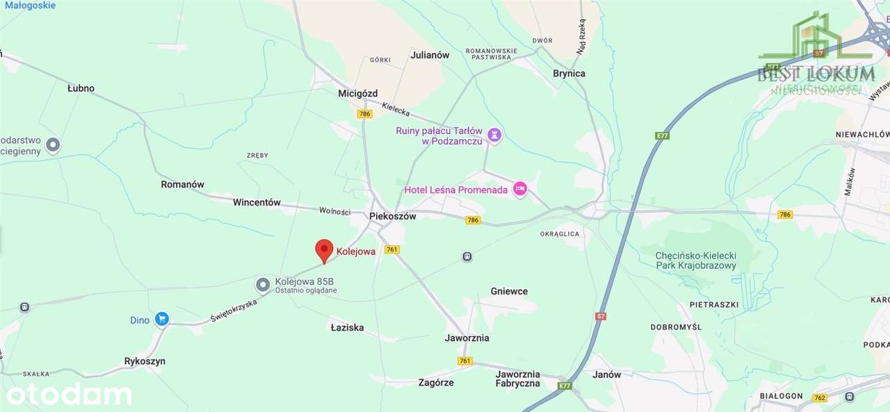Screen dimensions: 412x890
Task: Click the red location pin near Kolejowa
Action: [324, 249]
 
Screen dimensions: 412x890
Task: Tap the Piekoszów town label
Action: [392, 216]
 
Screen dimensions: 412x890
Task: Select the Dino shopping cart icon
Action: [162, 319]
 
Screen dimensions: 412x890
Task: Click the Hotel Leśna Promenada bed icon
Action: [520, 188]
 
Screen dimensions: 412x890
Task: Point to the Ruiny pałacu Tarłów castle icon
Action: [494, 134]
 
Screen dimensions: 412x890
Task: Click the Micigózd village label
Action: [357, 93]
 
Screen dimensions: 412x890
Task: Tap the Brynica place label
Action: [569, 74]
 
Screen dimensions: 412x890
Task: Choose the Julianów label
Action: [430, 55]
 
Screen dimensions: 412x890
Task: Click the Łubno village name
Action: [81, 88]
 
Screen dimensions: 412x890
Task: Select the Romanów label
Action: [182, 184]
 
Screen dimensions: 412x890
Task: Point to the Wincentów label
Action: [257, 203]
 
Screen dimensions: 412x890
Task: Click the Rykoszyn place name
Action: [145, 361]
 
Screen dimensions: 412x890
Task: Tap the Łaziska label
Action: [347, 327]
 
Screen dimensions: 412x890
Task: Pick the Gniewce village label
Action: [509, 291]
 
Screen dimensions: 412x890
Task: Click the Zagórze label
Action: [436, 382]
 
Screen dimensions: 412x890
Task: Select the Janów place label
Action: [606, 374]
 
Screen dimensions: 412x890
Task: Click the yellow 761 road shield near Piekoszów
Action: [392, 249]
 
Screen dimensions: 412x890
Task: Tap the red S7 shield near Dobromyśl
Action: [601, 316]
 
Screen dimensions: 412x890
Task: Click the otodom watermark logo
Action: [69, 394]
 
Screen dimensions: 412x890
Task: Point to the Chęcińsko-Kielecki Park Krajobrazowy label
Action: [696, 261]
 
